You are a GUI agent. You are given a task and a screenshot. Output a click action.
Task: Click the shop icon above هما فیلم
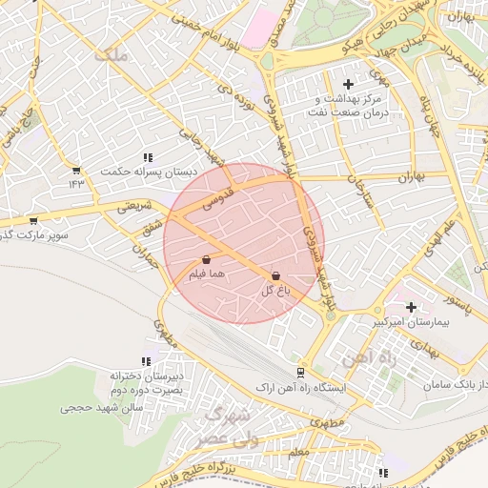207,259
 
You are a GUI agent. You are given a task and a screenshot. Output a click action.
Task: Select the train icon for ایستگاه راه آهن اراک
300,373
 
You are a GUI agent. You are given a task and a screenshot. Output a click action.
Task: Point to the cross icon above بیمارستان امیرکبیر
411,307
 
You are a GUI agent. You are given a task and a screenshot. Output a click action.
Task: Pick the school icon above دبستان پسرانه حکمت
147,157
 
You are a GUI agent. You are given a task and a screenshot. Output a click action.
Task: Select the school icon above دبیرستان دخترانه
145,361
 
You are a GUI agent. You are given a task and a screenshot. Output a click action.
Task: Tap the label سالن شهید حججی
101,407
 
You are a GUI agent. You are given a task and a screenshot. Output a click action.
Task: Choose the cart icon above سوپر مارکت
33,220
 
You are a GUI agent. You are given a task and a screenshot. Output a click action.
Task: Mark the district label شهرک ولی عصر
223,428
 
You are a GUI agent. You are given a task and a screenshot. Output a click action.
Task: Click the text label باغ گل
274,291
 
